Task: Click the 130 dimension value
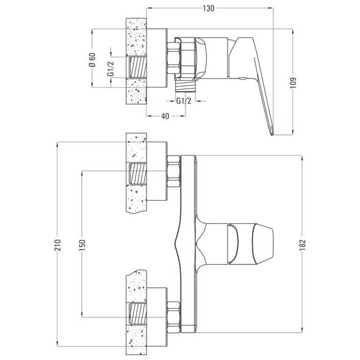tap(209, 9)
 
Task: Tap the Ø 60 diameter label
tap(92, 60)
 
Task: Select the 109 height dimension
tap(293, 82)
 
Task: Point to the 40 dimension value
tap(165, 116)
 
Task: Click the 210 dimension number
tap(57, 245)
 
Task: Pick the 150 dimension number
tap(82, 245)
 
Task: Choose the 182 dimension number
tap(303, 245)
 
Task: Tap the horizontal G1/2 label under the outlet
tap(184, 101)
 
